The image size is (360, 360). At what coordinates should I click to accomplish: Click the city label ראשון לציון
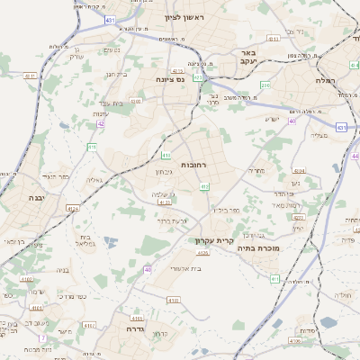184,17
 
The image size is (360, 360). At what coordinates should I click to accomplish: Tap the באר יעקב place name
249,58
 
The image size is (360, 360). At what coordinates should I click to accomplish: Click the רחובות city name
193,166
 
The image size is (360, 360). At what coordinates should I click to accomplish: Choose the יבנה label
35,197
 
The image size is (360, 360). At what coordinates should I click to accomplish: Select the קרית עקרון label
212,241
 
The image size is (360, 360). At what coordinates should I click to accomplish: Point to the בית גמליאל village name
82,241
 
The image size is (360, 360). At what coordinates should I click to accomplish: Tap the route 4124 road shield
72,207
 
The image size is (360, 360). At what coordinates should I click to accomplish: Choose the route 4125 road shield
202,253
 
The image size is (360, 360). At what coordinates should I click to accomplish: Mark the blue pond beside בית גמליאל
109,241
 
